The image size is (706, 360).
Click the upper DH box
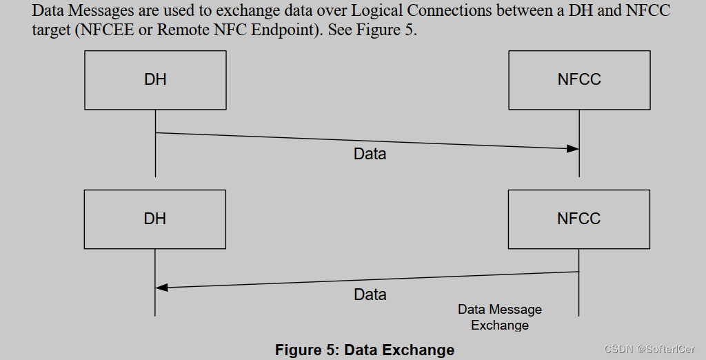[x=155, y=79]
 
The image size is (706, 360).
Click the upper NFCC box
[x=579, y=79]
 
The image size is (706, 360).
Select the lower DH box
[x=155, y=219]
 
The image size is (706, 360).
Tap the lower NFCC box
[x=579, y=219]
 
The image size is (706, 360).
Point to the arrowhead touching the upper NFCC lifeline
[x=572, y=148]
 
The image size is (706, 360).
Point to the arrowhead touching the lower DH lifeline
[x=163, y=288]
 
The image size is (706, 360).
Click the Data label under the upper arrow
[x=370, y=154]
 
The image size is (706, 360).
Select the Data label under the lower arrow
[x=370, y=295]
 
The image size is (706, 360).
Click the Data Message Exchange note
[x=500, y=317]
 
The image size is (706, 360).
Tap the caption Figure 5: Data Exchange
[x=365, y=350]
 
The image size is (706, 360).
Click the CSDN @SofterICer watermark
[x=649, y=350]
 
